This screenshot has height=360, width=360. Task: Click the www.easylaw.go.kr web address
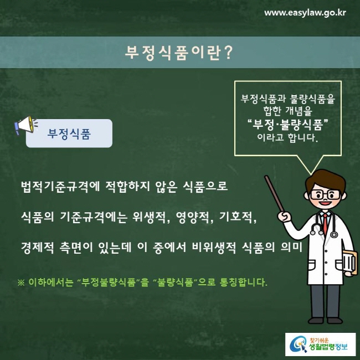tap(305, 13)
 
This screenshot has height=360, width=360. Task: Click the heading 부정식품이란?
tap(179, 53)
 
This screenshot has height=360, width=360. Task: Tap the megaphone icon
tap(26, 125)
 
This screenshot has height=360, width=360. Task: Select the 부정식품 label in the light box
tap(69, 133)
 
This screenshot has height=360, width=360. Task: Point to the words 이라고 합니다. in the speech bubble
tap(287, 137)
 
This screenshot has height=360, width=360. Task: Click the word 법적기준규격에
tap(60, 187)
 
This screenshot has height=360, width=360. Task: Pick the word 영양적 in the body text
tap(194, 217)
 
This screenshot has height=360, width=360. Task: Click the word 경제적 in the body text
tap(38, 248)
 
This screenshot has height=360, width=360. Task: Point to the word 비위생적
tap(214, 248)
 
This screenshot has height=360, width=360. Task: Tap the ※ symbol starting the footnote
tap(21, 282)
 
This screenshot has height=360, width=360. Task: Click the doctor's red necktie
tap(326, 224)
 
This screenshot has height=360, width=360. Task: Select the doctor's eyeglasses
tap(325, 195)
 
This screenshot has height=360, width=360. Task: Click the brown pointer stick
tap(275, 193)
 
